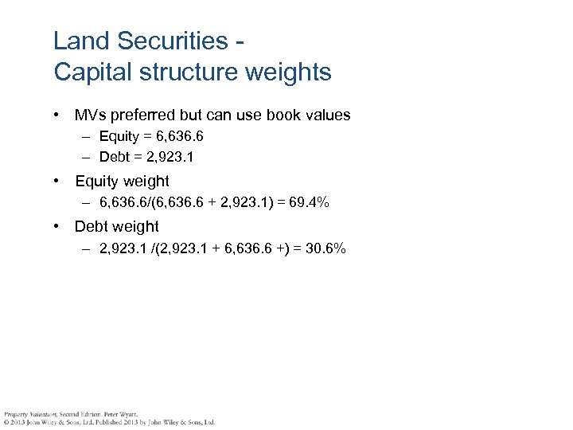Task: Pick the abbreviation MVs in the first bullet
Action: tap(90, 115)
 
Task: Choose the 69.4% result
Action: tap(308, 204)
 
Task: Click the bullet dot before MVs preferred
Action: tap(58, 115)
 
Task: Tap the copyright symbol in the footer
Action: tap(6, 422)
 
